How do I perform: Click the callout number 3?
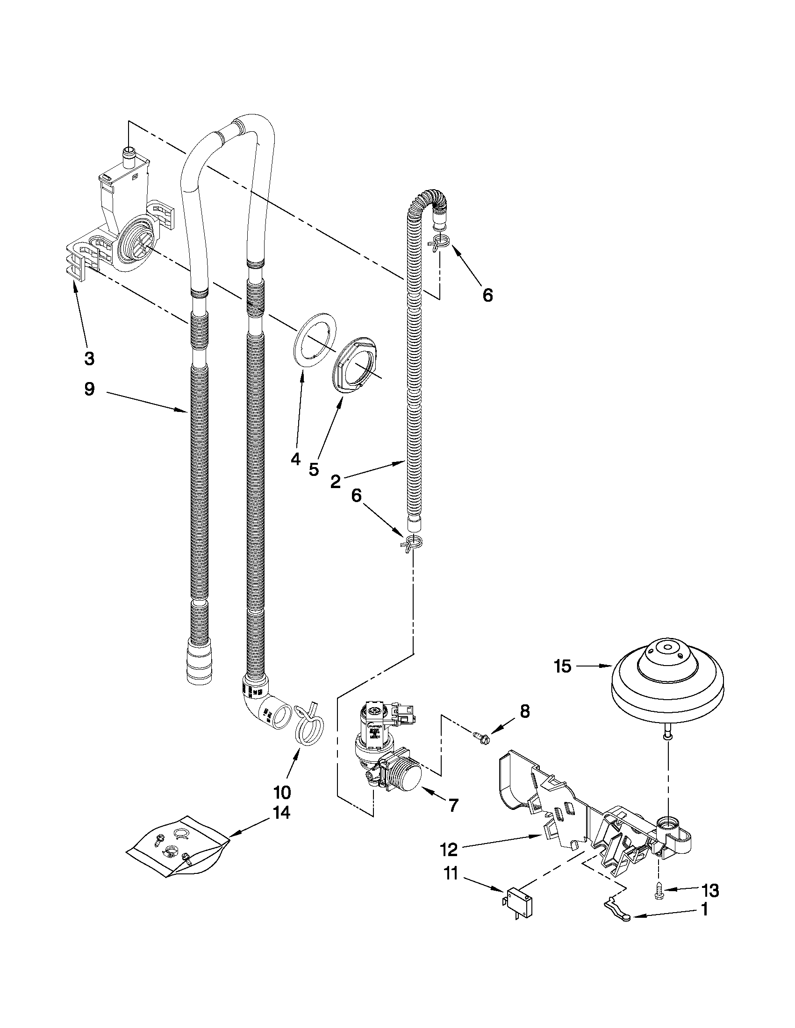coord(89,359)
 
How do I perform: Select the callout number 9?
coord(89,389)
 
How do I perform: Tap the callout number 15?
coord(562,666)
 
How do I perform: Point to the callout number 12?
coord(448,850)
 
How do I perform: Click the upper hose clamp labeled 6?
coord(440,243)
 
